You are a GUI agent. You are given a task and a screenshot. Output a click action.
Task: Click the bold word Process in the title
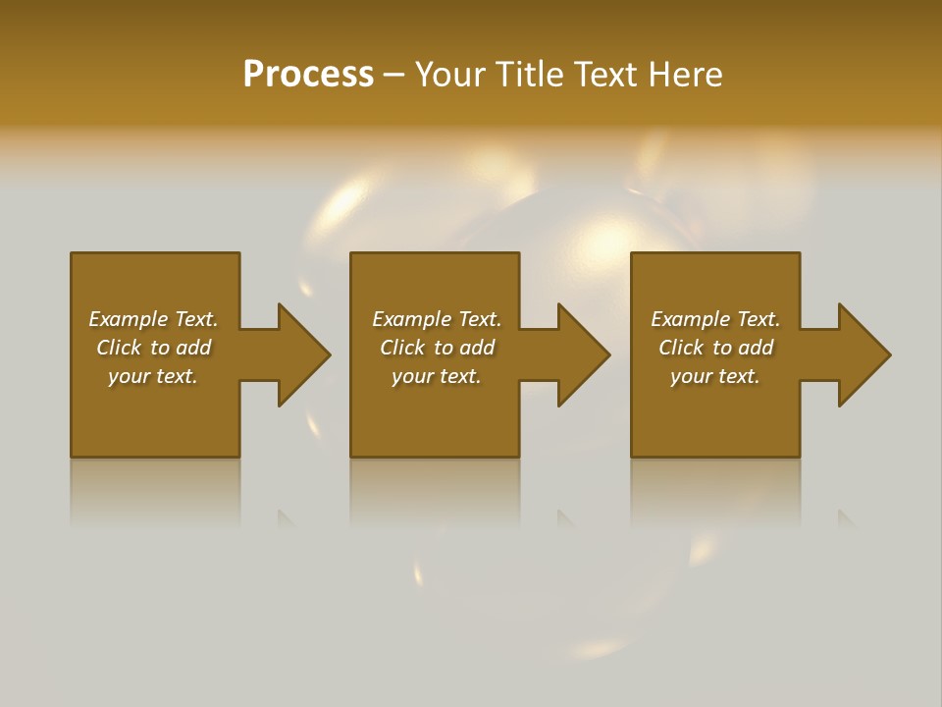click(308, 75)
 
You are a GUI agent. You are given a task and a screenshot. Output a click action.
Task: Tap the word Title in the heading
click(527, 75)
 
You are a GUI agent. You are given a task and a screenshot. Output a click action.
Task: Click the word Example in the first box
click(129, 319)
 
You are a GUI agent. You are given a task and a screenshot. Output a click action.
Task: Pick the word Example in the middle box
click(412, 319)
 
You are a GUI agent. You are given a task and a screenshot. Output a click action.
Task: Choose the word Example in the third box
click(691, 319)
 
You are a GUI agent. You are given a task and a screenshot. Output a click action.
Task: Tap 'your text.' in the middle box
click(436, 376)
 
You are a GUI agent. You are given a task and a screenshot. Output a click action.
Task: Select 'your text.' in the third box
click(714, 376)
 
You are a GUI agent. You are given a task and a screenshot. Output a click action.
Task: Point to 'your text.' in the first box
click(153, 376)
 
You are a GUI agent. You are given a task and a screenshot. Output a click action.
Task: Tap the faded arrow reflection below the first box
click(286, 518)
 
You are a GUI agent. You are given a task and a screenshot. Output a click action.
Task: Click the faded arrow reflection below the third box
click(845, 518)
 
